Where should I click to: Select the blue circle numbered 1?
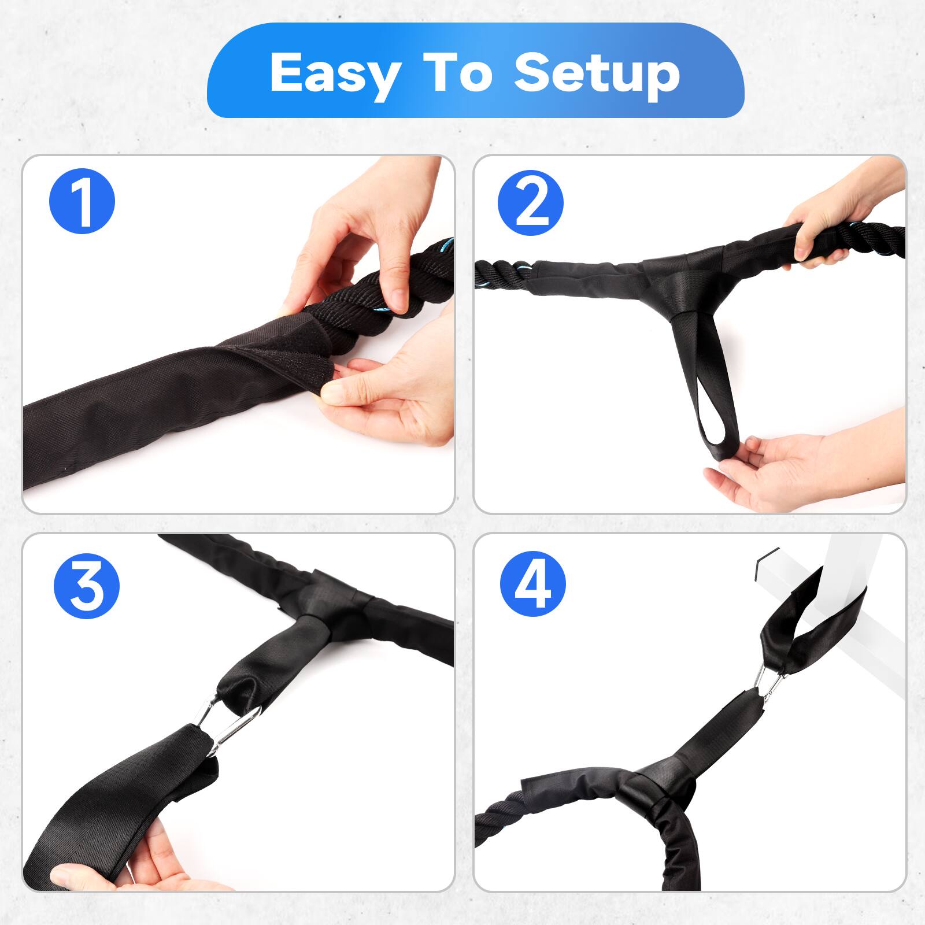coord(82,201)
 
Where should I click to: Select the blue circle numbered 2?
coord(530,201)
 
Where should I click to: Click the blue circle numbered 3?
coord(86,586)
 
